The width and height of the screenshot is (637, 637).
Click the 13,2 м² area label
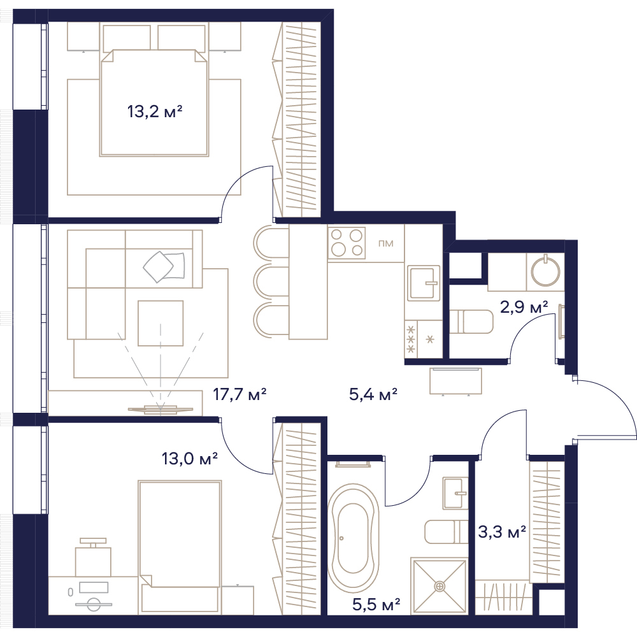point(155,111)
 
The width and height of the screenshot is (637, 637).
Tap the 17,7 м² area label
point(240,394)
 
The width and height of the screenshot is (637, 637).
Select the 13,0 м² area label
point(190,459)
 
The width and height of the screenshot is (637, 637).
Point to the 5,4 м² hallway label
point(373,394)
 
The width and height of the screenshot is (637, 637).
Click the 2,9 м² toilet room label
point(524,307)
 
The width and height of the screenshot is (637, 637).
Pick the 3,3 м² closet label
point(502,531)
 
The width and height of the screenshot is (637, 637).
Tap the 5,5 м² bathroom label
point(376,605)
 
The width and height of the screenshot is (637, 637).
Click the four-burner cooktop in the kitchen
point(347,243)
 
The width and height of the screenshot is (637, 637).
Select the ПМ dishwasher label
point(385,243)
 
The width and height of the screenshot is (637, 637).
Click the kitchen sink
point(424,283)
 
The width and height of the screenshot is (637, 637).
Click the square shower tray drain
point(439,586)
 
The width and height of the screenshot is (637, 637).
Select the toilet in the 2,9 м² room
point(471,322)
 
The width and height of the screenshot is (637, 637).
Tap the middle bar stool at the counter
point(271,282)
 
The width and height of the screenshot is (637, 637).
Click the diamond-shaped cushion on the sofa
point(159,266)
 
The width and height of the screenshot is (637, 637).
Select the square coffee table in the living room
point(161,324)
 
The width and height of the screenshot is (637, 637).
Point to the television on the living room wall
point(161,409)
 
